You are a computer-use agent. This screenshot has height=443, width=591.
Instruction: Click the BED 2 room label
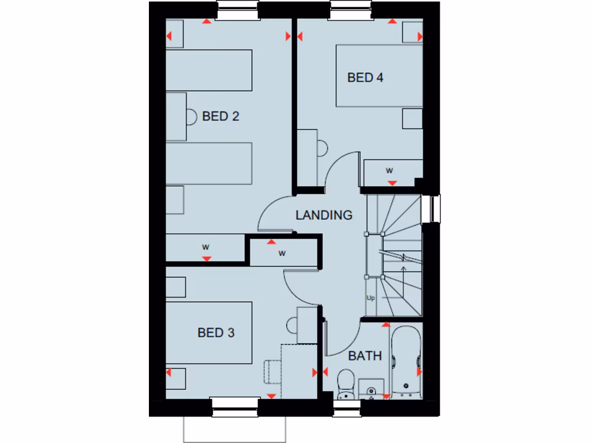(220, 117)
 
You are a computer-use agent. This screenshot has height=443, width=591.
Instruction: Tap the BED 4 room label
(365, 77)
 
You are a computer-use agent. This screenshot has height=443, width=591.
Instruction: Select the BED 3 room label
(216, 333)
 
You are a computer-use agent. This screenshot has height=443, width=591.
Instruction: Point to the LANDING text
(324, 215)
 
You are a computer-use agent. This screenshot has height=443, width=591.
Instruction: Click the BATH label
(365, 356)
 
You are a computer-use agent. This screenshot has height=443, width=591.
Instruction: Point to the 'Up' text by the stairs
(371, 298)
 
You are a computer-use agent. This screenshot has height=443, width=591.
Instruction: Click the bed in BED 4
(379, 75)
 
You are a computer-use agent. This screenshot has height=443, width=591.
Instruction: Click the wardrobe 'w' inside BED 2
(205, 247)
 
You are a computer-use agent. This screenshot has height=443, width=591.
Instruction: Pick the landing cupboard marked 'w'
(282, 253)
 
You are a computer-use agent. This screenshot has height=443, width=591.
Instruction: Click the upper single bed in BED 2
(209, 70)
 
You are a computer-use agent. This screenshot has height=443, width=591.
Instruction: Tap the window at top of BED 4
(351, 10)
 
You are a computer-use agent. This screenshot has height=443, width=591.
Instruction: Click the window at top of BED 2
(237, 10)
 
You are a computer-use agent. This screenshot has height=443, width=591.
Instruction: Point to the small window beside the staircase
(431, 209)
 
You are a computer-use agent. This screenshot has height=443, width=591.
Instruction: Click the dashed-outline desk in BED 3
(299, 369)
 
